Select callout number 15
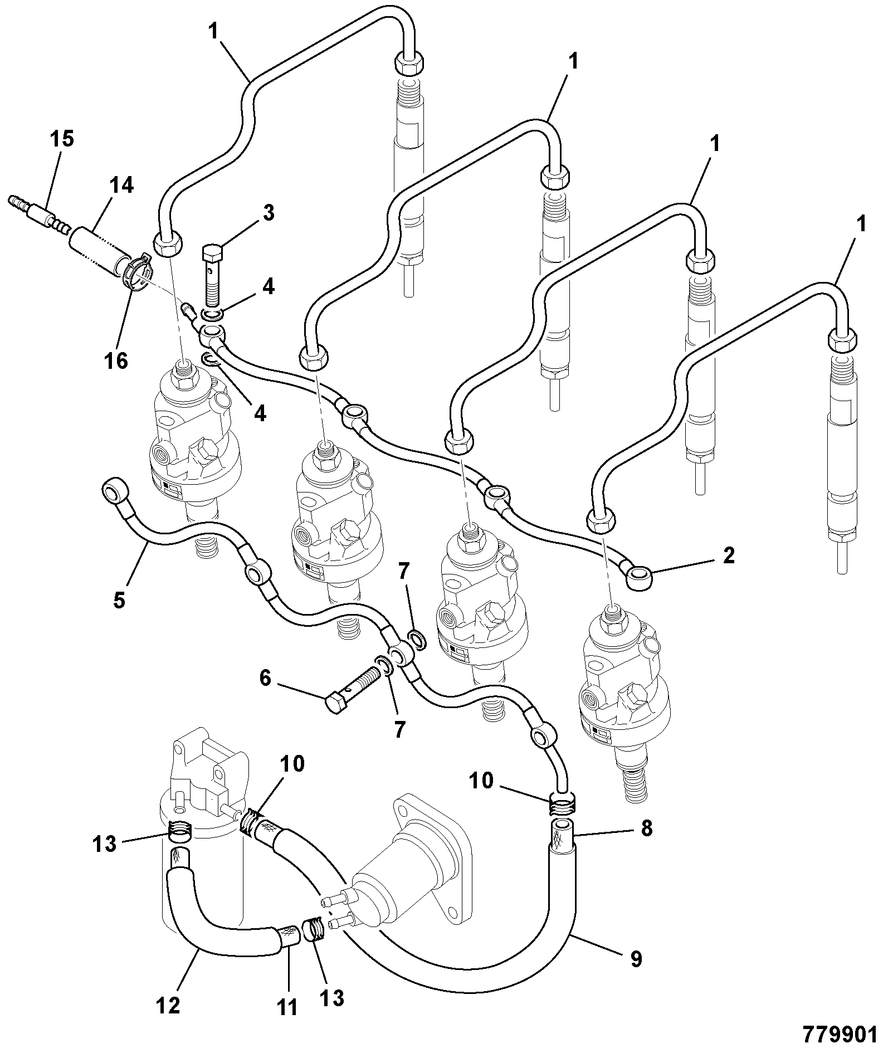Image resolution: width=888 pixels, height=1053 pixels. [x=62, y=139]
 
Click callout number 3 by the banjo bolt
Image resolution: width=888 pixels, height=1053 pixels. [x=269, y=213]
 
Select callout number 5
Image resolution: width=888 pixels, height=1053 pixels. [x=119, y=601]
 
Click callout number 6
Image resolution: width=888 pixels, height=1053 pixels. [x=265, y=678]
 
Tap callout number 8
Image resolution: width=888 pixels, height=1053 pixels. [x=646, y=828]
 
